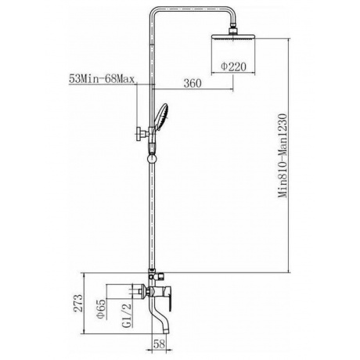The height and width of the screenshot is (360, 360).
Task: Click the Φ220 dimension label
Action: (x=233, y=67)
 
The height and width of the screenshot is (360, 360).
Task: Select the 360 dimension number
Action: (x=193, y=83)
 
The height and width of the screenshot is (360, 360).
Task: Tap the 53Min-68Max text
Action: (x=102, y=78)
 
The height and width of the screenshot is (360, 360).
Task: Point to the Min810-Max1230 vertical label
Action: (x=283, y=156)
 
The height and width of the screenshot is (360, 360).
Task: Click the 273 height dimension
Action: (x=78, y=303)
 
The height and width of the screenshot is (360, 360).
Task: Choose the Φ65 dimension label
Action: (x=101, y=308)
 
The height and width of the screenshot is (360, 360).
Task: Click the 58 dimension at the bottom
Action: (x=159, y=344)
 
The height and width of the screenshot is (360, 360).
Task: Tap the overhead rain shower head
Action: (x=233, y=37)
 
